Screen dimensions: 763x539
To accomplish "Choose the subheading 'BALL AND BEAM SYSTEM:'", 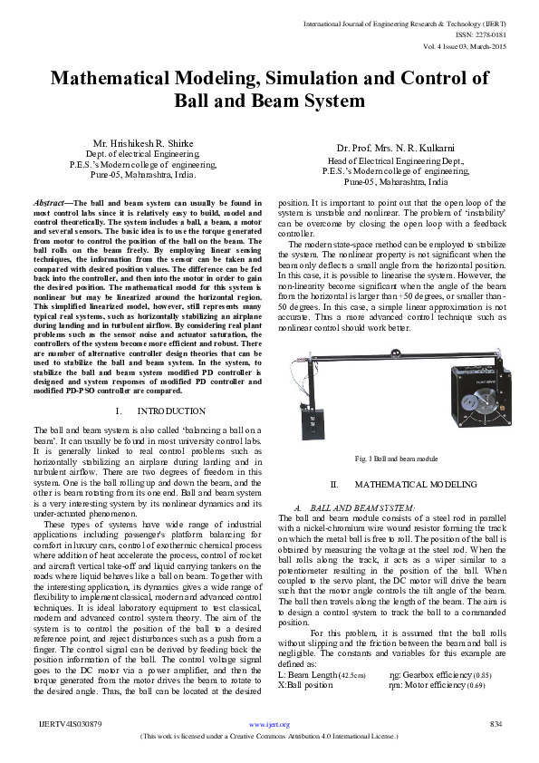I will (x=362, y=507).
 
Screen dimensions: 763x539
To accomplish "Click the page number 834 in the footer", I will (x=496, y=724).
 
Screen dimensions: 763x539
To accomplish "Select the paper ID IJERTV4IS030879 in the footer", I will (x=64, y=724).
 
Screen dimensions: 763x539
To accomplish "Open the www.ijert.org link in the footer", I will (x=269, y=725).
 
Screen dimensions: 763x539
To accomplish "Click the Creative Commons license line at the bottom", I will (x=269, y=737).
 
